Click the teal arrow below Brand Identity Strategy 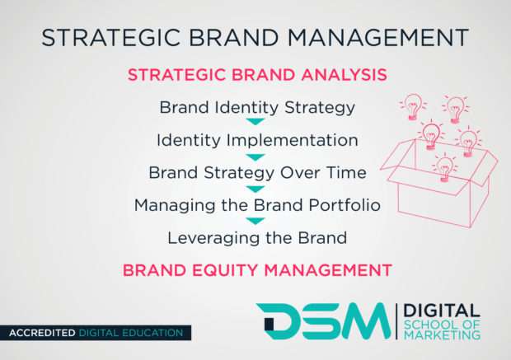coord(256,123)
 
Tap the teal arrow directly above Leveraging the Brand coord(256,221)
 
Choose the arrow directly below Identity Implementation coord(256,156)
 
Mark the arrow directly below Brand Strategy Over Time coord(256,189)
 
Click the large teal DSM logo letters coord(322,322)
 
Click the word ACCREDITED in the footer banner coord(41,334)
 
